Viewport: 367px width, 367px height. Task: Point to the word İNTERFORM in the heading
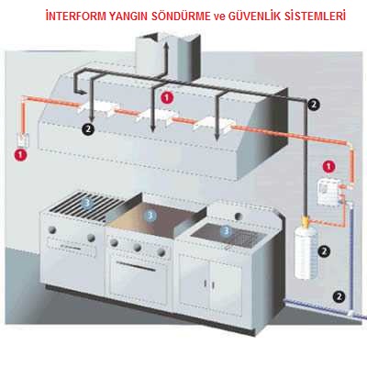76,16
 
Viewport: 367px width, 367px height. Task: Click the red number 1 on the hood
167,97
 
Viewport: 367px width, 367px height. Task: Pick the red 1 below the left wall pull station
20,154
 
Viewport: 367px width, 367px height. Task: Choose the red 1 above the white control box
328,167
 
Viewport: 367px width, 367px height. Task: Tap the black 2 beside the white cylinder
324,251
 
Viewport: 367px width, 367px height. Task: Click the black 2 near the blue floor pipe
339,296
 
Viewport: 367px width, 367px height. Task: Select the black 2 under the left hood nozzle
88,129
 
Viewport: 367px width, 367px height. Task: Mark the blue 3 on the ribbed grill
87,203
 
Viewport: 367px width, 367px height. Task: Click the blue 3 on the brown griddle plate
150,217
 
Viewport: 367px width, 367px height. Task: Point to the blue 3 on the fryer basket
226,230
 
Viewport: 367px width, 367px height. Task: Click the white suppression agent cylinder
306,250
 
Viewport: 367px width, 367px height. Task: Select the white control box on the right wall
328,192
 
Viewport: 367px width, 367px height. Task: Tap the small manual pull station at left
23,140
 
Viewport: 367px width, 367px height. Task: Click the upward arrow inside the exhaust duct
166,59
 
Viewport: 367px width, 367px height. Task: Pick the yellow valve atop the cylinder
306,220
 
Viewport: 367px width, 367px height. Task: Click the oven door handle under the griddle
136,265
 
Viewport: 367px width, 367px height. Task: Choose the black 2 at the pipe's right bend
314,105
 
